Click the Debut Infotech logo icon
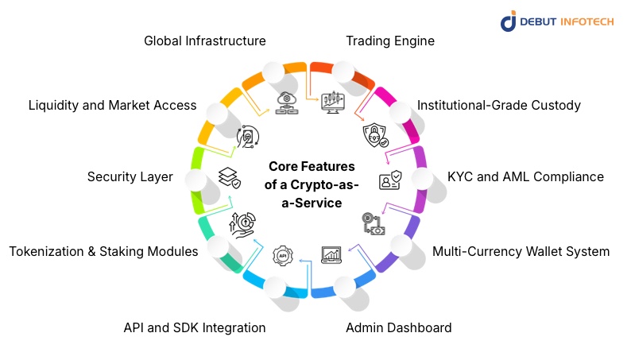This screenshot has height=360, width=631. pyautogui.click(x=509, y=21)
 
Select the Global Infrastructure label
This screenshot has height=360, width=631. pyautogui.click(x=204, y=41)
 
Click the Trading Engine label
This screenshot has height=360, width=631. pyautogui.click(x=389, y=41)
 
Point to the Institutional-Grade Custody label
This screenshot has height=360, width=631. pyautogui.click(x=499, y=105)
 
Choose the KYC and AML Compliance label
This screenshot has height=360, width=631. pyautogui.click(x=525, y=176)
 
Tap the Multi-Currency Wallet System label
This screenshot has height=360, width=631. pyautogui.click(x=521, y=252)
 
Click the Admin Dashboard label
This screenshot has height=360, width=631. pyautogui.click(x=398, y=327)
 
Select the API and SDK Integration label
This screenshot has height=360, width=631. pyautogui.click(x=195, y=327)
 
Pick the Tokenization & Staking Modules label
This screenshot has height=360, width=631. pyautogui.click(x=103, y=252)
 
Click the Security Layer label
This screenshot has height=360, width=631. pyautogui.click(x=130, y=176)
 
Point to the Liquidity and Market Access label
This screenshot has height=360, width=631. pyautogui.click(x=112, y=105)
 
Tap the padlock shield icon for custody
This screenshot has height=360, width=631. pyautogui.click(x=375, y=136)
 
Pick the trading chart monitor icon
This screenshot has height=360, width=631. pyautogui.click(x=331, y=103)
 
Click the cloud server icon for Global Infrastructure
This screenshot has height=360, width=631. pyautogui.click(x=285, y=103)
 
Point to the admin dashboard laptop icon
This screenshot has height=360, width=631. pyautogui.click(x=331, y=255)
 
